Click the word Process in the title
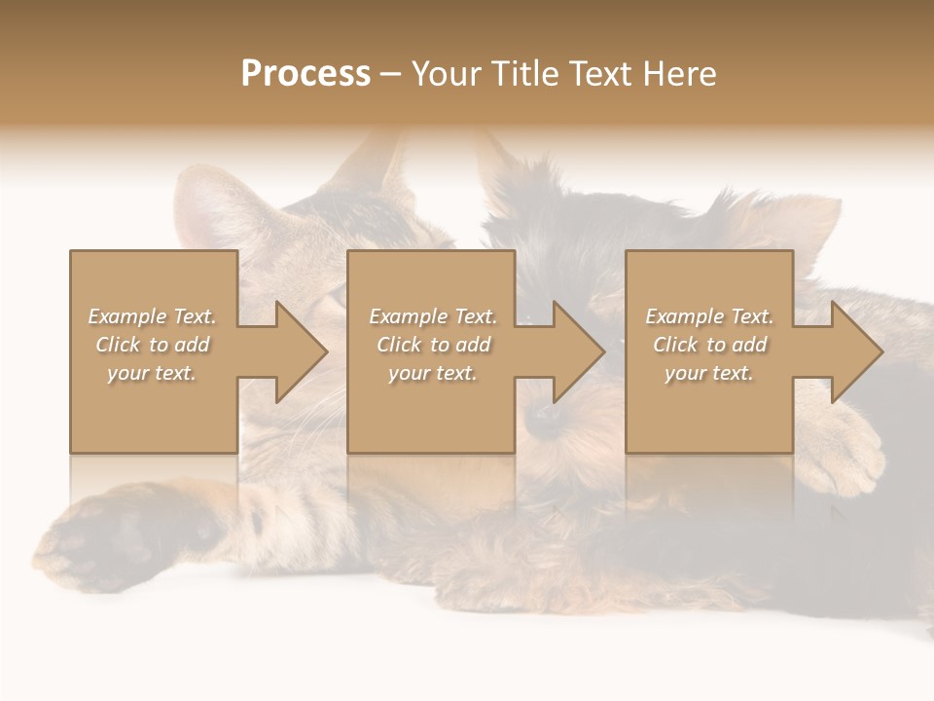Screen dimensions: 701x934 (305, 74)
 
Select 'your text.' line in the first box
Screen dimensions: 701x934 (152, 373)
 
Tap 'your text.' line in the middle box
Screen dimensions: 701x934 (432, 373)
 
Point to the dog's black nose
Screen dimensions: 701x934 (544, 417)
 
